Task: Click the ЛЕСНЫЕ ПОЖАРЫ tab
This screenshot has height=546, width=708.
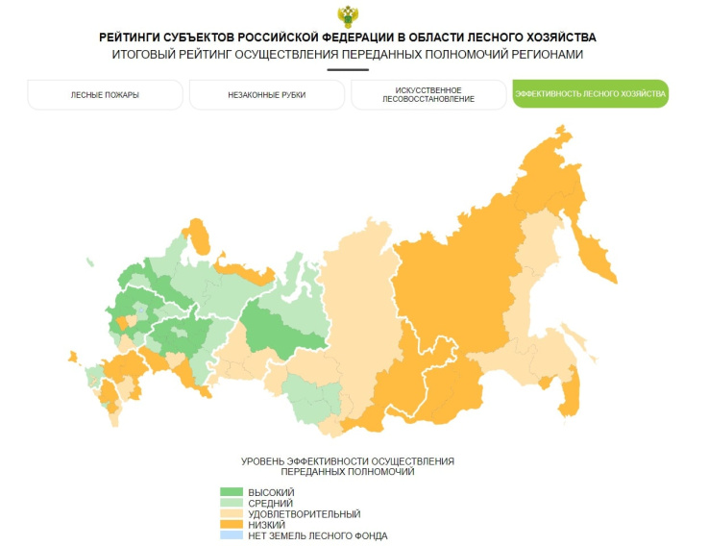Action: [x=105, y=95]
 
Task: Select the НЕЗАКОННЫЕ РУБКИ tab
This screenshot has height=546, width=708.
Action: [x=266, y=95]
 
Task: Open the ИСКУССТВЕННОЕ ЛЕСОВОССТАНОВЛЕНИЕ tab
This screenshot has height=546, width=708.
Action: [x=427, y=95]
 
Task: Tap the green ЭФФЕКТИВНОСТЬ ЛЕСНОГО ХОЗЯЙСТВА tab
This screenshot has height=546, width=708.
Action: [x=590, y=94]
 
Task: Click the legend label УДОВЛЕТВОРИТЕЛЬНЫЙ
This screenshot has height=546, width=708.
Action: [x=291, y=514]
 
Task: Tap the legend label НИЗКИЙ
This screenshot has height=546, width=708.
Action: [x=266, y=525]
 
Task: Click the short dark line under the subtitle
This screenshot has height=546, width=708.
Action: [x=347, y=69]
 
